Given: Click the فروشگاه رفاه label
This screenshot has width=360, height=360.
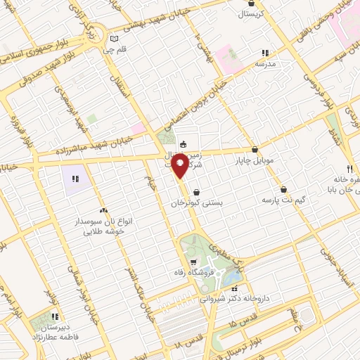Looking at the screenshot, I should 181,273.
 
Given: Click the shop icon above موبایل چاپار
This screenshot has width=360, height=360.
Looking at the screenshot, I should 255,149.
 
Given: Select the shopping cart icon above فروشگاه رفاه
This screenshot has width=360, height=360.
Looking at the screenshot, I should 181,262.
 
